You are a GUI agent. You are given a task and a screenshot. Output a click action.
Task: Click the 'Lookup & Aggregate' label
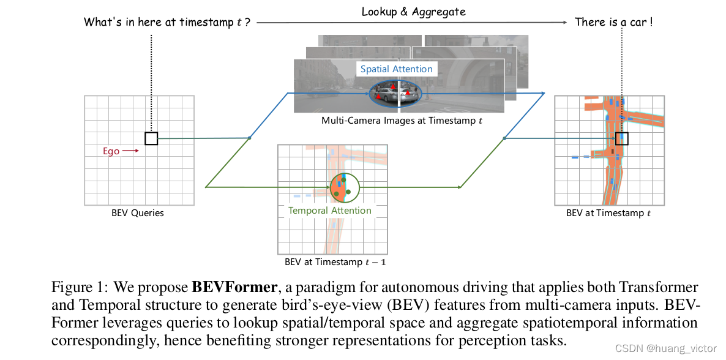pyautogui.click(x=413, y=12)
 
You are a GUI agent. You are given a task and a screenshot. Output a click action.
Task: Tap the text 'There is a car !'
pyautogui.click(x=613, y=23)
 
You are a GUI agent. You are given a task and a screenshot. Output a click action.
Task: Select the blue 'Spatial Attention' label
pyautogui.click(x=396, y=69)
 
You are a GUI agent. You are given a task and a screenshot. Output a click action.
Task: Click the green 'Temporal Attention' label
pyautogui.click(x=330, y=211)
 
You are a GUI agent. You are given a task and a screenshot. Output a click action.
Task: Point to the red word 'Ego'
pyautogui.click(x=111, y=151)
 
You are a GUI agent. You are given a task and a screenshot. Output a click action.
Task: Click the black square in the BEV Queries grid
pyautogui.click(x=151, y=138)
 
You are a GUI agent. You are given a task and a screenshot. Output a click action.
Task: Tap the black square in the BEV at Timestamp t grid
pyautogui.click(x=622, y=138)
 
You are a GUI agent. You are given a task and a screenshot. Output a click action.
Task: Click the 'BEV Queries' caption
pyautogui.click(x=138, y=213)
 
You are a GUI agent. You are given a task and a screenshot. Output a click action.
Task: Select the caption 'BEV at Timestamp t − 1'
pyautogui.click(x=335, y=262)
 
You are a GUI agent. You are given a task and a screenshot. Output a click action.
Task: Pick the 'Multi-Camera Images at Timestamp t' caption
pyautogui.click(x=402, y=121)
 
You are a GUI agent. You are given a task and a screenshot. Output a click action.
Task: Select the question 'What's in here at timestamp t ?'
pyautogui.click(x=167, y=23)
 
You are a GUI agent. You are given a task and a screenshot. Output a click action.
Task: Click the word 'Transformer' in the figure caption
pyautogui.click(x=660, y=287)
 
